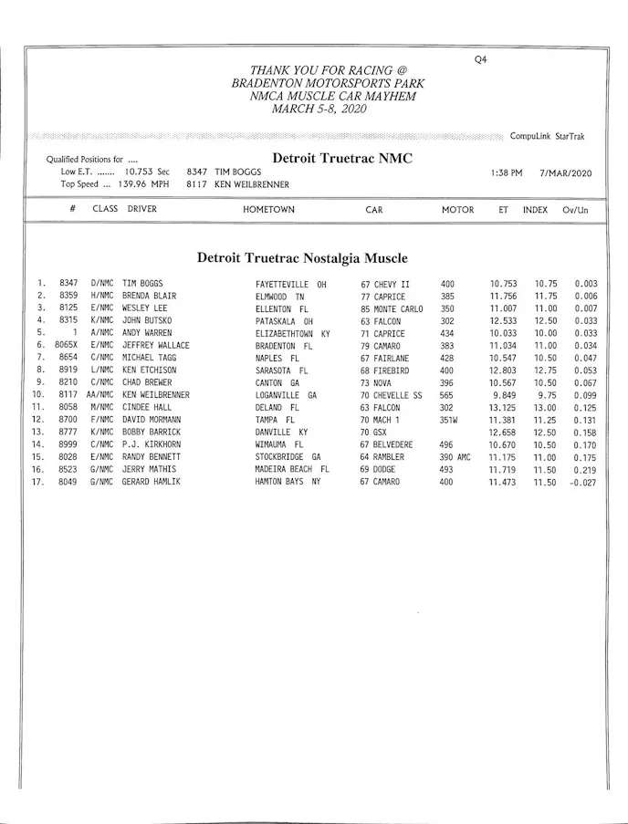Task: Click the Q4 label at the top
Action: coord(481,60)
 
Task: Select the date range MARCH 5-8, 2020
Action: coord(319,109)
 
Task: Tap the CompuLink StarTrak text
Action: coord(548,137)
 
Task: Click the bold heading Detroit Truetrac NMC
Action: coord(342,158)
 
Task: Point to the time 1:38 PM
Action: coord(506,172)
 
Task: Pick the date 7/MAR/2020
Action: coord(566,172)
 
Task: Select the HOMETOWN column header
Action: coord(268,210)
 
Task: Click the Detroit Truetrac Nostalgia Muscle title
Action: coord(302,258)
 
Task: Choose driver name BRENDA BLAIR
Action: coord(149,297)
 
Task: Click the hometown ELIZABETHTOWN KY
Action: coord(292,334)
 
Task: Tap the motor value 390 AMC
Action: coord(455,457)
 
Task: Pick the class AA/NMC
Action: coord(100,395)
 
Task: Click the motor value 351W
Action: coord(447,420)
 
